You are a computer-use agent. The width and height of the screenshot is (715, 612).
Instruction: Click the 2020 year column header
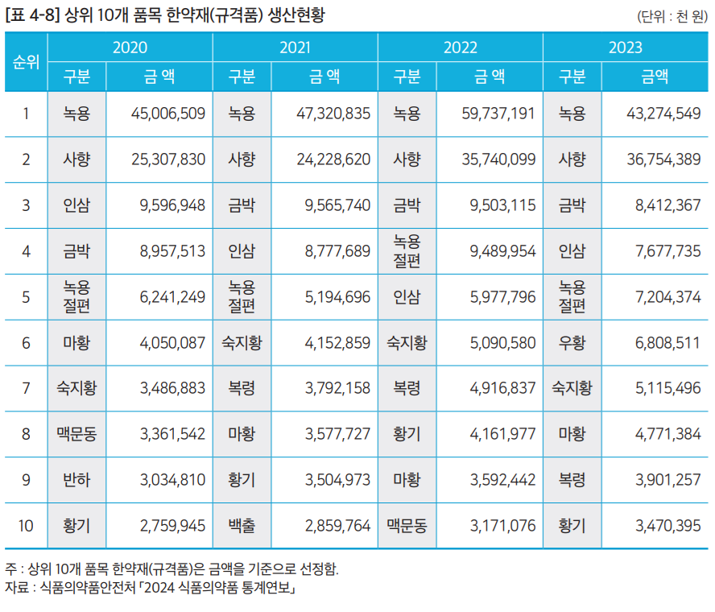[130, 48]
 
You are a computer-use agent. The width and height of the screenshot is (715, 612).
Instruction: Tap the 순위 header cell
[26, 62]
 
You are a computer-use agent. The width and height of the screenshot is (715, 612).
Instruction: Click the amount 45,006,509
[167, 114]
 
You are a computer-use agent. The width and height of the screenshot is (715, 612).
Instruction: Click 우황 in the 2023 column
[572, 343]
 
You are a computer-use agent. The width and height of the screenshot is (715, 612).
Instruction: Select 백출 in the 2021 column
[242, 526]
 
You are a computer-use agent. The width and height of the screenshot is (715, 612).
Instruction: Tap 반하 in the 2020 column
[76, 480]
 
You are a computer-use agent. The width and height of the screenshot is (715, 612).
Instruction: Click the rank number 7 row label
[26, 389]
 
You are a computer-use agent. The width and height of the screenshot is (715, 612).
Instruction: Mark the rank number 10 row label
[26, 526]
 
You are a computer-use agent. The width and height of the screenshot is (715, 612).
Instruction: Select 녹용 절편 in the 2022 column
[407, 251]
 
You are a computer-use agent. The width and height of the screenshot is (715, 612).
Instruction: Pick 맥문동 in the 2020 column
[76, 435]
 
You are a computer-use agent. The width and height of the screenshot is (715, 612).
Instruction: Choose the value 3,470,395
[667, 526]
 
